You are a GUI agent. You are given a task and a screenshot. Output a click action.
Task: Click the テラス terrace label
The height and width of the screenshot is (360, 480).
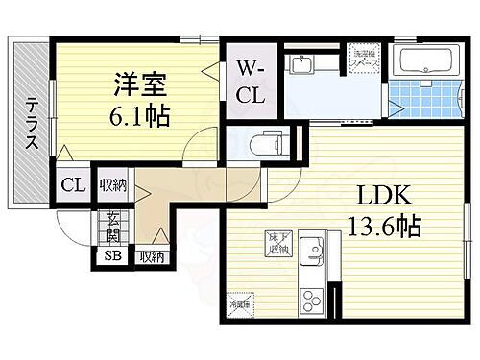32,125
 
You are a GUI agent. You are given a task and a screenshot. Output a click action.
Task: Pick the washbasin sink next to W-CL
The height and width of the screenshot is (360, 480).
300,68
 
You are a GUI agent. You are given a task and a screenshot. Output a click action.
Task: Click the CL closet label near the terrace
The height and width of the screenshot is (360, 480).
71,185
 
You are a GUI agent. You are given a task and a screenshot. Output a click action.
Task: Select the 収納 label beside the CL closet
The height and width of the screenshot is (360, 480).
113,184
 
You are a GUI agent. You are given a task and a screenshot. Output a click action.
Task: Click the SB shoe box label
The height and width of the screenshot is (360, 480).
111,256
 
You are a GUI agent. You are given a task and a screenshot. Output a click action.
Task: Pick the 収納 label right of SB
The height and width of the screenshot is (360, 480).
152,256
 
